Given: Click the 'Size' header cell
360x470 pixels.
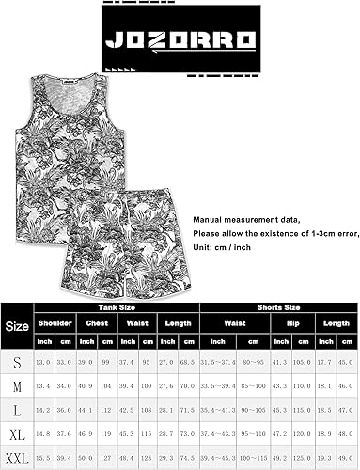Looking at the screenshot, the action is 17,328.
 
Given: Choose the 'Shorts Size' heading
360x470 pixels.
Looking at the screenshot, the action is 279,306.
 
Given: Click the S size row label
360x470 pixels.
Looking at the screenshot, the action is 17,360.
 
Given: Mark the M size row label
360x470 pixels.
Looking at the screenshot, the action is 17,384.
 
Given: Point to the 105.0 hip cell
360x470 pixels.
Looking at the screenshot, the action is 302,360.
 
